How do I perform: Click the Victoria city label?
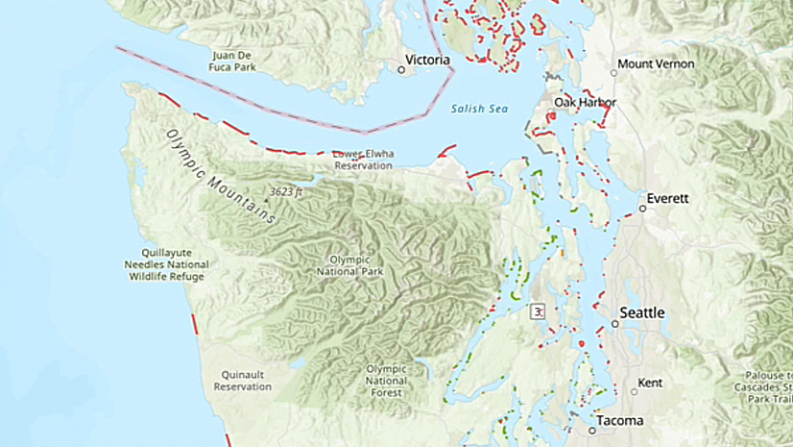(429, 60)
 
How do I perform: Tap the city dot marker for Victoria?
(401, 69)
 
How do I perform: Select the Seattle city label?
(642, 313)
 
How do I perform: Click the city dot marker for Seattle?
(613, 324)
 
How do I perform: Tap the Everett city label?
(667, 198)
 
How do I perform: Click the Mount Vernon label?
(655, 64)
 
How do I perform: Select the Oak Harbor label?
(585, 103)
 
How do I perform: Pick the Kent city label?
(650, 383)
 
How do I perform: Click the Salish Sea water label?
(479, 109)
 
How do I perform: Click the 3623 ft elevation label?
(286, 191)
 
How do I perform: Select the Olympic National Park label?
(349, 265)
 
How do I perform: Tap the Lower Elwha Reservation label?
(363, 160)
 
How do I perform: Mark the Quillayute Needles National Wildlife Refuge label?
(166, 264)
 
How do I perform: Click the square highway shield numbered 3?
(539, 310)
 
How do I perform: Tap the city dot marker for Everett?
(642, 208)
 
